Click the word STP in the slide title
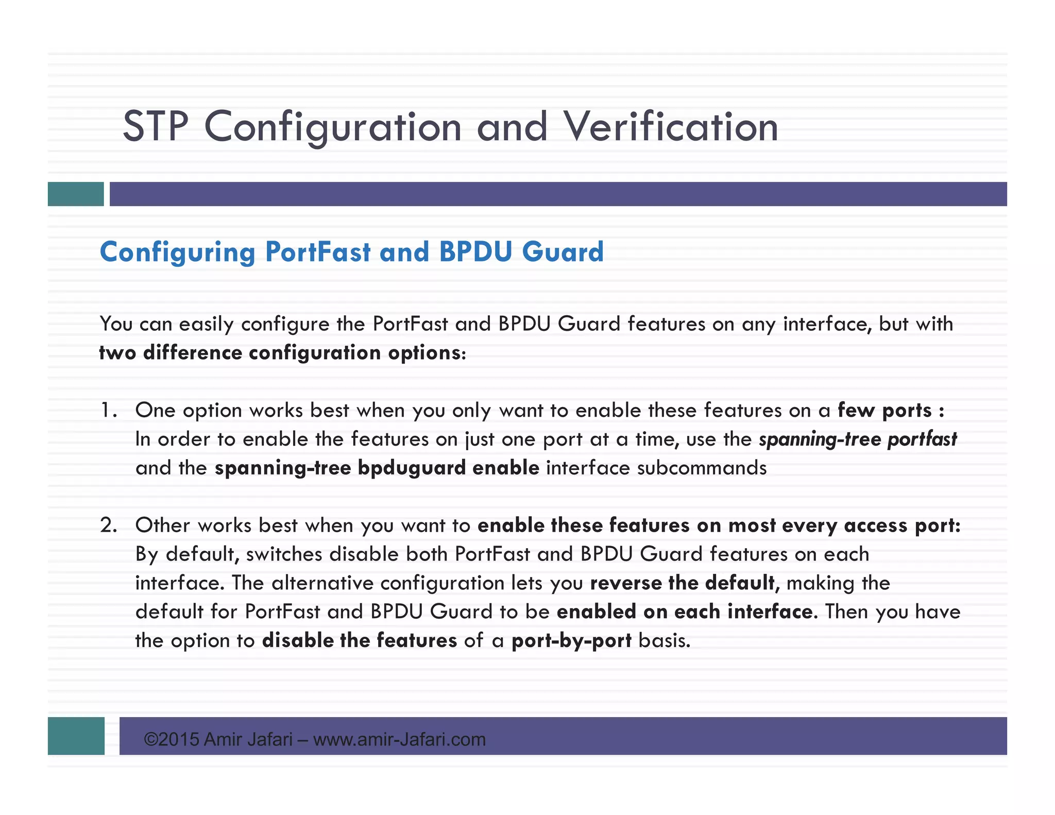(x=156, y=127)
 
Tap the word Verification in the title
(x=671, y=127)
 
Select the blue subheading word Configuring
(x=177, y=252)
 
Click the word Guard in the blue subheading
(x=563, y=252)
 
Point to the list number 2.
(x=108, y=525)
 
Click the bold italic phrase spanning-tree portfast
(x=858, y=439)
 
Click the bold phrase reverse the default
(x=682, y=583)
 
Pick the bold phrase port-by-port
(x=571, y=640)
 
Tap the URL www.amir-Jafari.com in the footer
(x=399, y=740)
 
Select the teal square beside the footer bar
(x=76, y=736)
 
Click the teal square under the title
(x=76, y=194)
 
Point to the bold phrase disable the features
(x=360, y=640)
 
